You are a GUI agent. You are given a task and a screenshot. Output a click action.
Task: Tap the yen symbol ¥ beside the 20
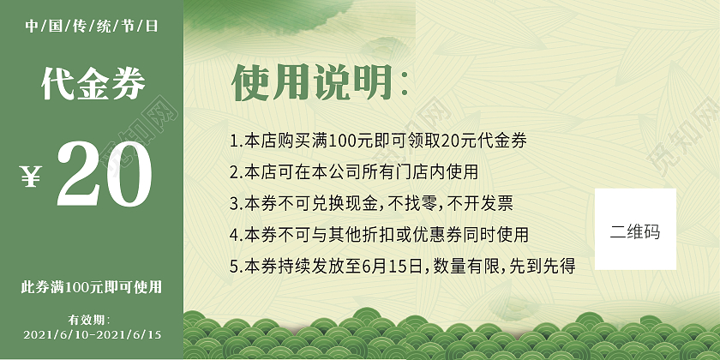[x=31, y=176]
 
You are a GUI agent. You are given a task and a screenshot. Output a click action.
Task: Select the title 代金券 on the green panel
[x=93, y=83]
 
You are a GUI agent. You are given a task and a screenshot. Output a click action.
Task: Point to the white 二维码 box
[x=635, y=230]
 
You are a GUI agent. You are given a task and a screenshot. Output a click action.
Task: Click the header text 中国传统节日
[x=92, y=27]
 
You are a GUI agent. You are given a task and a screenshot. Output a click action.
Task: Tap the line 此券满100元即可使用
[x=91, y=286]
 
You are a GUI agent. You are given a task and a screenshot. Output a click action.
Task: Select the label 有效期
[x=91, y=319]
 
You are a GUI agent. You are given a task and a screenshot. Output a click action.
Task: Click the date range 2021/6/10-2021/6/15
[x=93, y=333]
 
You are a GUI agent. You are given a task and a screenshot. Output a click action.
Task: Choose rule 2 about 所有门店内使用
[x=353, y=172]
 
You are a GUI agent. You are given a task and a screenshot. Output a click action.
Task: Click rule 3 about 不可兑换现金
[x=371, y=204]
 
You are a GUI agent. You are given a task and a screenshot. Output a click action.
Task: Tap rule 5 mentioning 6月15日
[x=402, y=265]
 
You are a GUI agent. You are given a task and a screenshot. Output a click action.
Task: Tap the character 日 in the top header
[x=152, y=27]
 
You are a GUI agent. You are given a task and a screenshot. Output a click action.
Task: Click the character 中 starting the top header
[x=32, y=27]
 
